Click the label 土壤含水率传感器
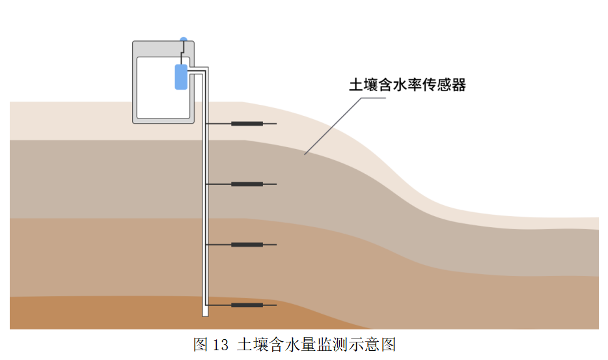coord(408,85)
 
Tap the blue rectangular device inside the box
coord(181,77)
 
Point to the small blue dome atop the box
coord(184,40)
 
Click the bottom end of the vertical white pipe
coord(205,314)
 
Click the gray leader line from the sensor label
coord(339,124)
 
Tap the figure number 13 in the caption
coord(221,344)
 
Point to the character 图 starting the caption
coord(200,344)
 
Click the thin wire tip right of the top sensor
coord(275,124)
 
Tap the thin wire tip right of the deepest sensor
coord(275,305)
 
